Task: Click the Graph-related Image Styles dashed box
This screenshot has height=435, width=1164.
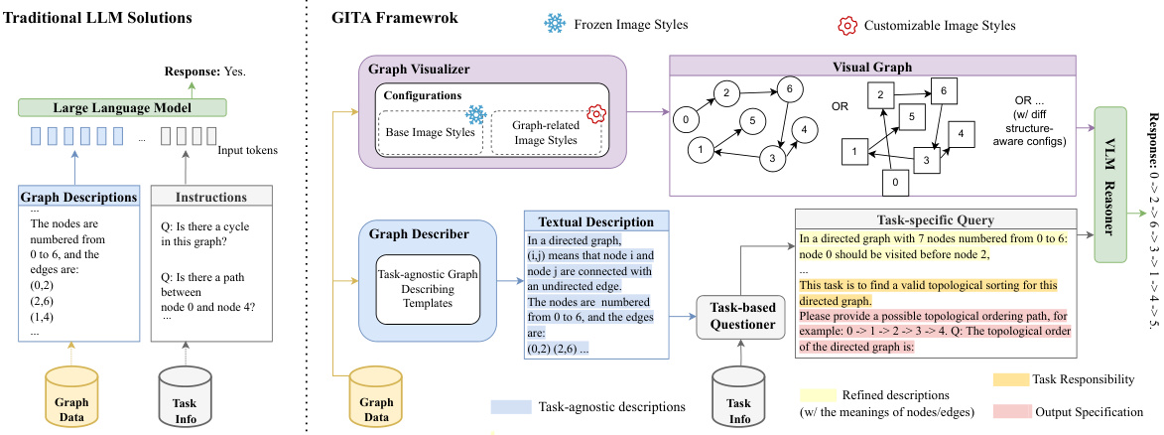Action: (x=545, y=132)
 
